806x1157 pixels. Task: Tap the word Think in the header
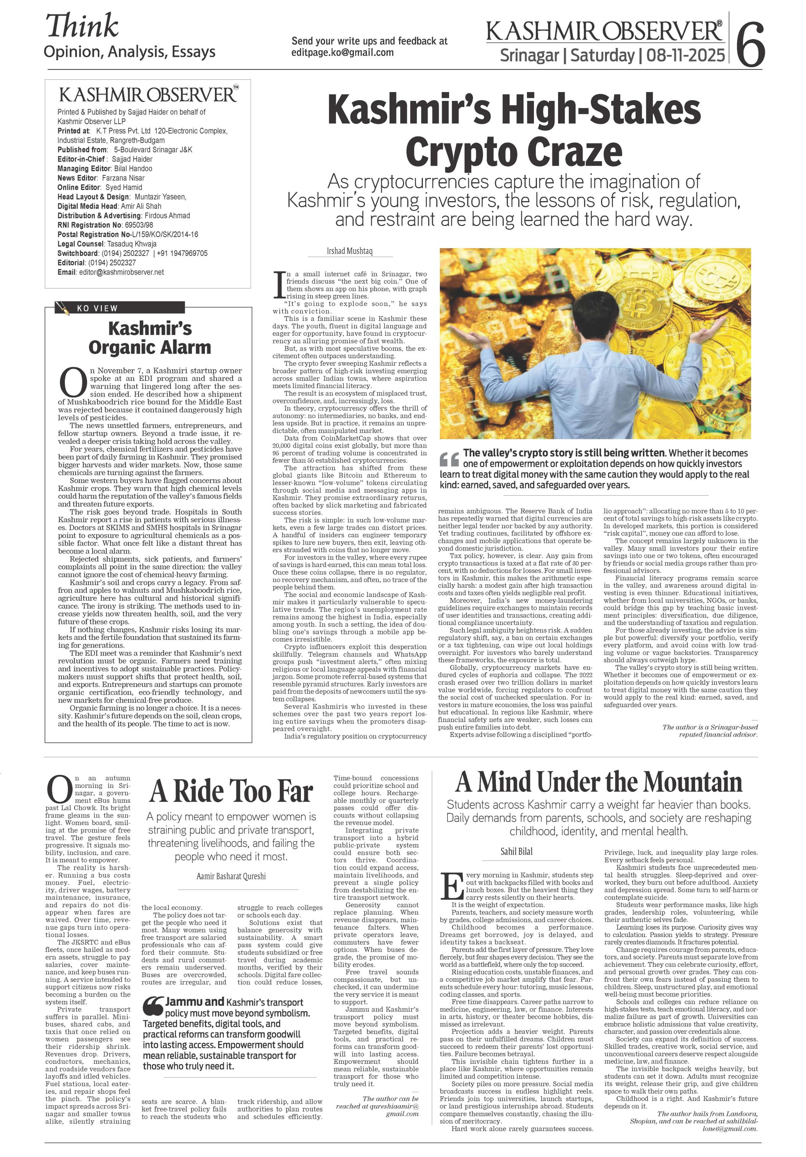(x=82, y=26)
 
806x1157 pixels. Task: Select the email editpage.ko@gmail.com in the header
(x=342, y=53)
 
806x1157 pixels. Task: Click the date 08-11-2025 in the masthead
(x=682, y=55)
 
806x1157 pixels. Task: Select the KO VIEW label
(x=97, y=308)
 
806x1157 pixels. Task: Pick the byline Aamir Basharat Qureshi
(x=231, y=876)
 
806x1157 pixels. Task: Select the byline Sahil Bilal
(x=516, y=852)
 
